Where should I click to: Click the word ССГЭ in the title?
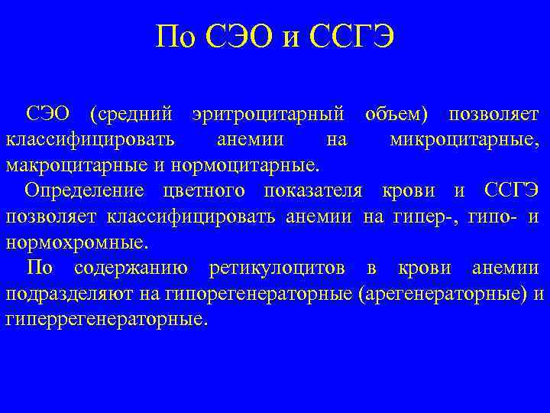point(354,37)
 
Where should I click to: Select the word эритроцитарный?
point(270,115)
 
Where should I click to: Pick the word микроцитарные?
point(464,140)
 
